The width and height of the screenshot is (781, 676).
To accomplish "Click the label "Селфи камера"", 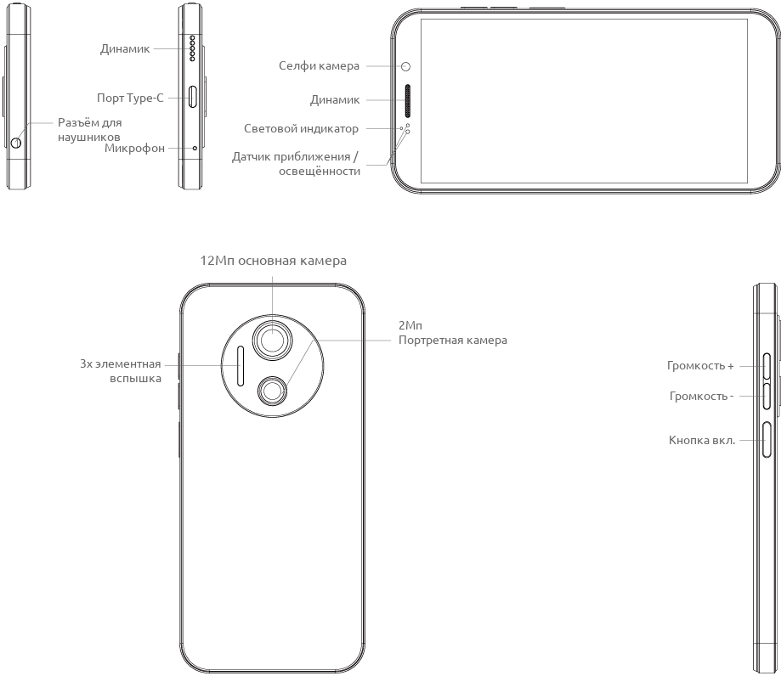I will tap(319, 66).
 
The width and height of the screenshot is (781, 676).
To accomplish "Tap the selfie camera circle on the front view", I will tap(406, 66).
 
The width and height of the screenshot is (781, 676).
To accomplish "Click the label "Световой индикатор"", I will tap(301, 129).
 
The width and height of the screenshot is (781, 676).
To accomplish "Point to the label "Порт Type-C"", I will tap(130, 98).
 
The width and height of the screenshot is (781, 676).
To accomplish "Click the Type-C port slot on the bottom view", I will tap(194, 98).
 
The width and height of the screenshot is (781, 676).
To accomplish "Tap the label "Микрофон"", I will tap(134, 149).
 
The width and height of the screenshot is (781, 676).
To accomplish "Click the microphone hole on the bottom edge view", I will tap(195, 148).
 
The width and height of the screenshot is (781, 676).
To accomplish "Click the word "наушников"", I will tap(89, 136).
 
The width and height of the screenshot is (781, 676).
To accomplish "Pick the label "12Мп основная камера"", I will tap(273, 261).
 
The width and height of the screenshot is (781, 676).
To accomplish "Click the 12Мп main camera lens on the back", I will tap(273, 340).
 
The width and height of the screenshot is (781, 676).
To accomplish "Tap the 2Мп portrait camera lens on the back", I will tap(273, 390).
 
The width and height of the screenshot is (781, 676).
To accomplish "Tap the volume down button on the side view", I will tap(767, 396).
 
